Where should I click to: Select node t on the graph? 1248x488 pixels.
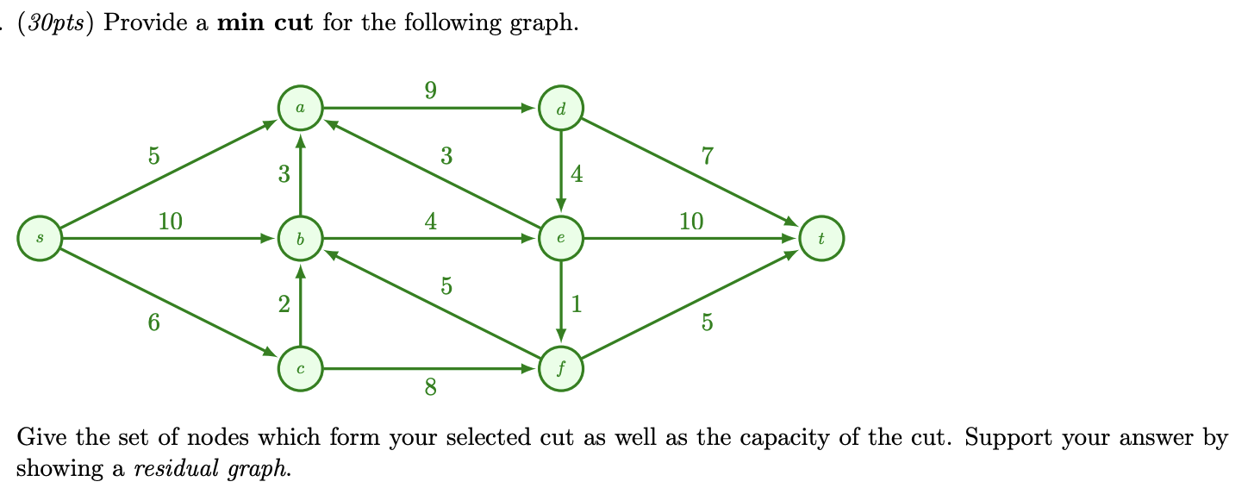click(821, 239)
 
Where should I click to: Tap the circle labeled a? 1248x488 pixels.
click(300, 109)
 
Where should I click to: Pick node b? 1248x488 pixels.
click(300, 239)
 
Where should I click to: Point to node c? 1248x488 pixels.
click(300, 369)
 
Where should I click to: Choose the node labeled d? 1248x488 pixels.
click(561, 109)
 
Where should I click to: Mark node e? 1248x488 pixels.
click(561, 239)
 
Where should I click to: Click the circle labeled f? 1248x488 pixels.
click(561, 369)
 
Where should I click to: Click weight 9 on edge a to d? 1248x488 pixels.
click(430, 90)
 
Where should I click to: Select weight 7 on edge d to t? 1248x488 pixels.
click(708, 156)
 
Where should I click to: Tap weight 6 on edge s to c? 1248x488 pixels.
click(153, 322)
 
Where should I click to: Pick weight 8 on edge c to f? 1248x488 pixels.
click(430, 389)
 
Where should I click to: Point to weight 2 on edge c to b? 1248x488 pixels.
click(284, 303)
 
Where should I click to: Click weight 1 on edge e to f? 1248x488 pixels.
click(577, 303)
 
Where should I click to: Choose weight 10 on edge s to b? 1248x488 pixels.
click(171, 222)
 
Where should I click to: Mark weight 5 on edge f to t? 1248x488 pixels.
click(708, 322)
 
